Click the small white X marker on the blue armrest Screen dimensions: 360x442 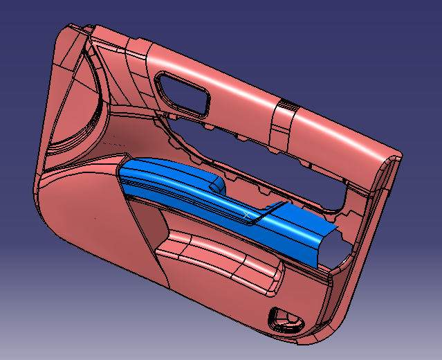(247, 215)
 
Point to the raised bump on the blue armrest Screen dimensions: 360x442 (217, 183)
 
